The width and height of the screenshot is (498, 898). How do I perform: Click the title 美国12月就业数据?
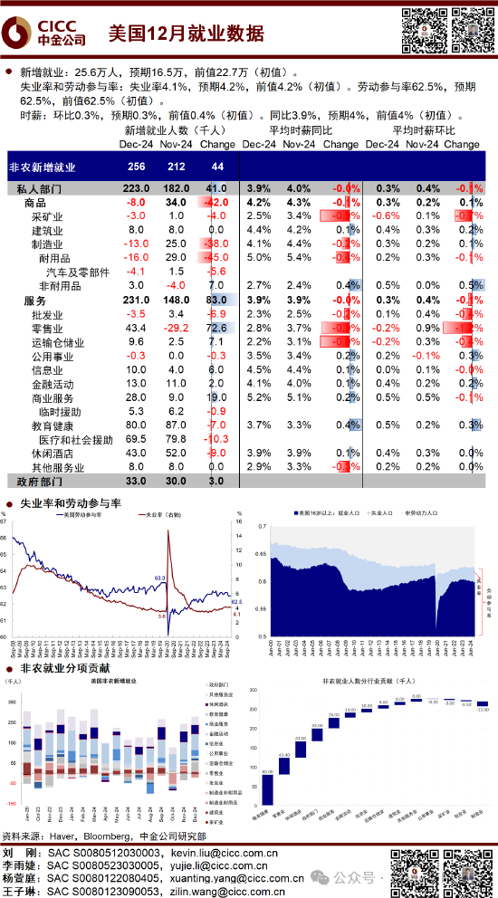click(x=187, y=33)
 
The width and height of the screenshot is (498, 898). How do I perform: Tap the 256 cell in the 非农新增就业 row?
click(x=137, y=167)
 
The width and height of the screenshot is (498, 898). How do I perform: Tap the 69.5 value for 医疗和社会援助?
click(x=137, y=439)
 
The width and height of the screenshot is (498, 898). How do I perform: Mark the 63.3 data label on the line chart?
click(x=160, y=577)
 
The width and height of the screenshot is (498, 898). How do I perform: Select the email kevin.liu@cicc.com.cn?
click(x=237, y=853)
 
